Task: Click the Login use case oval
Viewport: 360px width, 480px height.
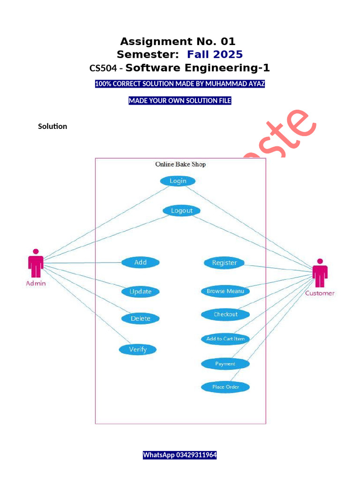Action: pyautogui.click(x=178, y=181)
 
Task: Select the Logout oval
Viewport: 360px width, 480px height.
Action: pyautogui.click(x=181, y=211)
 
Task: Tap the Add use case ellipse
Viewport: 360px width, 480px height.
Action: pyautogui.click(x=140, y=262)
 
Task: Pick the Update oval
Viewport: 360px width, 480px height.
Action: pyautogui.click(x=140, y=292)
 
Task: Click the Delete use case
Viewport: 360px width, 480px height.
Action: pyautogui.click(x=140, y=319)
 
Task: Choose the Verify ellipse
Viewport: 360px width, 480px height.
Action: pyautogui.click(x=137, y=349)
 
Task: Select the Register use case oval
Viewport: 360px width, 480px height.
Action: pyautogui.click(x=224, y=263)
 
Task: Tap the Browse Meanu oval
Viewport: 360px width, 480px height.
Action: pyautogui.click(x=225, y=291)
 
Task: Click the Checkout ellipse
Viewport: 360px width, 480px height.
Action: pyautogui.click(x=225, y=315)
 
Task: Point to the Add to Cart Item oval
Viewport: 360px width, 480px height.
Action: pyautogui.click(x=225, y=339)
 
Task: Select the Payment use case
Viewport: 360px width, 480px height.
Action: pyautogui.click(x=225, y=364)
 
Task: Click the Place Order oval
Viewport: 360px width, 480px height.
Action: pyautogui.click(x=225, y=387)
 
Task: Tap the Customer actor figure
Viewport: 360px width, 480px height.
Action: pyautogui.click(x=320, y=273)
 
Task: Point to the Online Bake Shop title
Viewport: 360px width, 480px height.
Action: pyautogui.click(x=180, y=165)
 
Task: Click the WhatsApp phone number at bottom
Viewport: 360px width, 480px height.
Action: pyautogui.click(x=180, y=455)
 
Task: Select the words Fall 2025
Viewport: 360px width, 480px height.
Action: pyautogui.click(x=215, y=54)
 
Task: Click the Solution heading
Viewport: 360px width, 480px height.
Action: pyautogui.click(x=52, y=127)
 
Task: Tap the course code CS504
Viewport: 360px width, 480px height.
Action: pyautogui.click(x=103, y=68)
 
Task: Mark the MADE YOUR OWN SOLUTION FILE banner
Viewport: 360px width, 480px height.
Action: pyautogui.click(x=180, y=101)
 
